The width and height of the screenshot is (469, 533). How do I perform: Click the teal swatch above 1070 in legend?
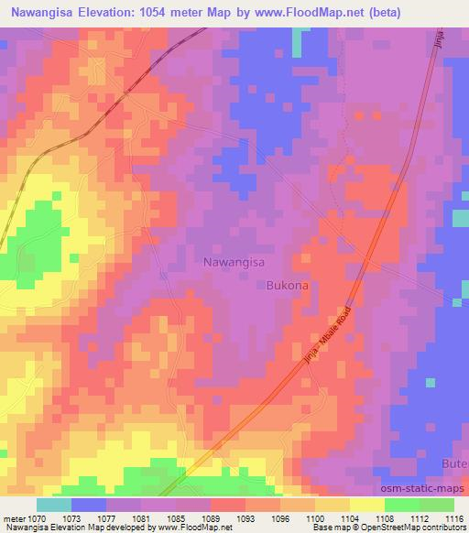click(54, 505)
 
